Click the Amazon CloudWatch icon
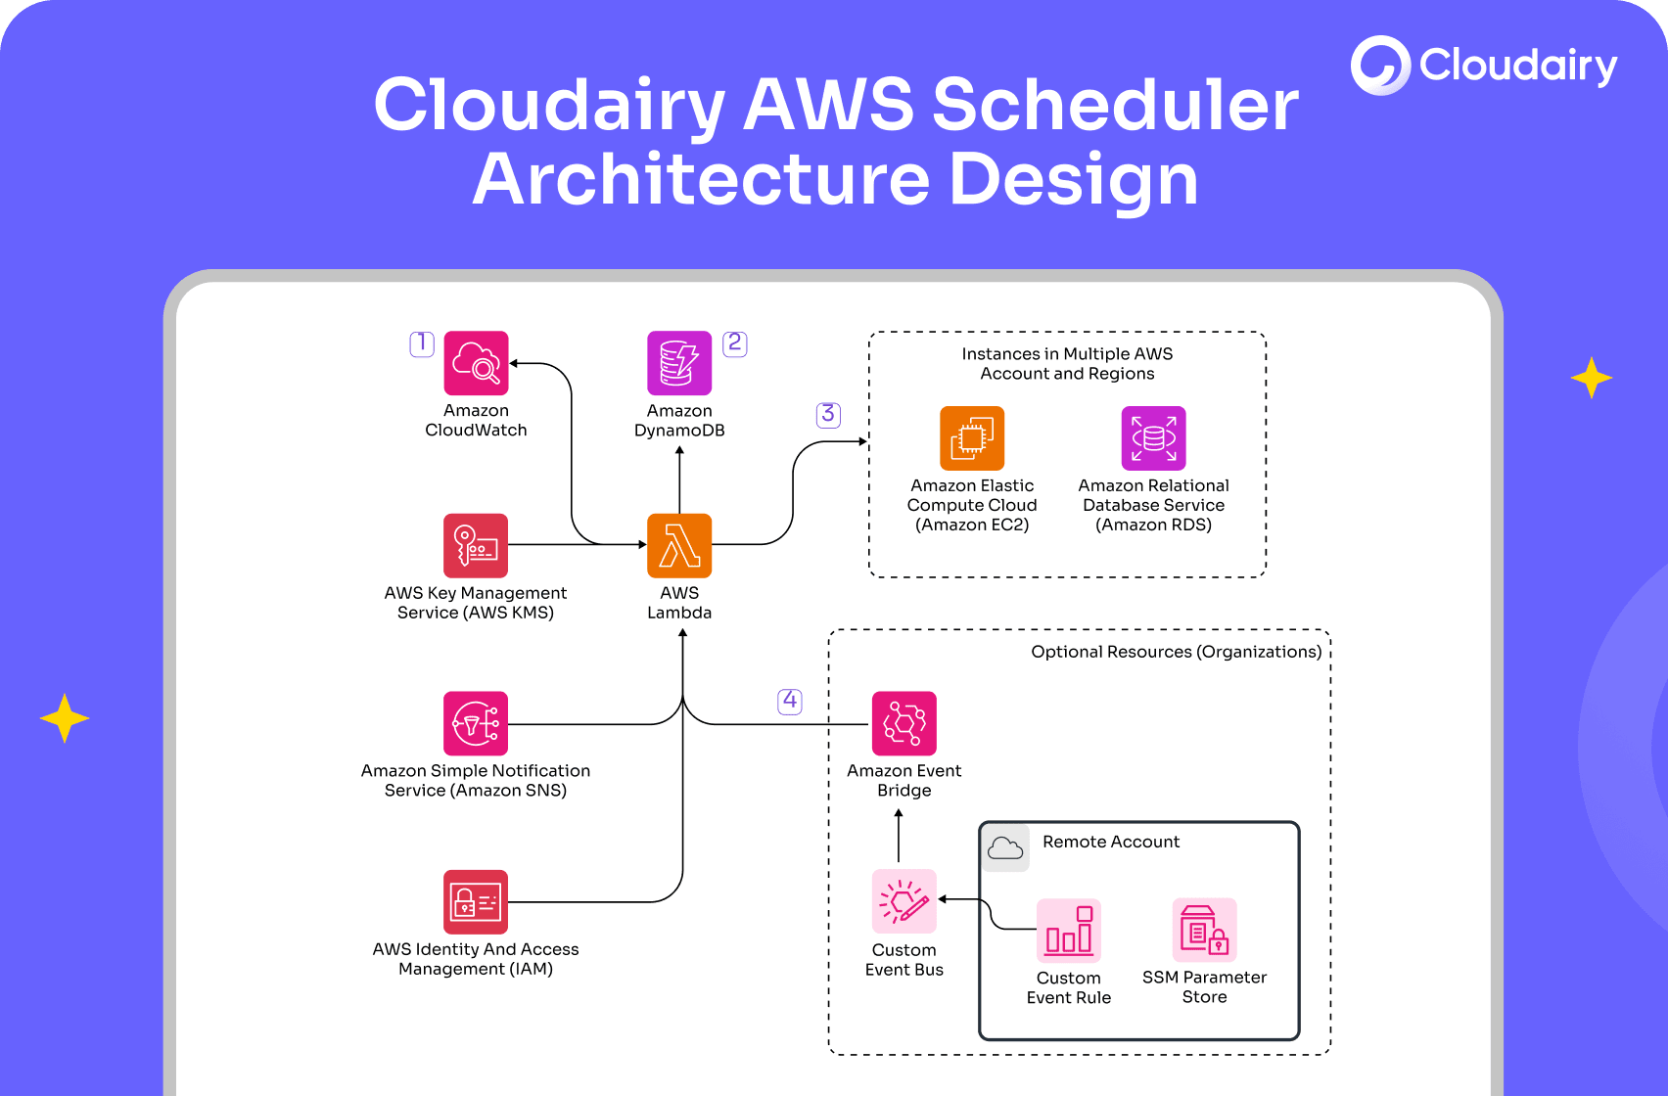coord(476,363)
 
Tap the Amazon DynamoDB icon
coord(679,363)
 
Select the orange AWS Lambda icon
coord(679,545)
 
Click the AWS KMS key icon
coord(476,545)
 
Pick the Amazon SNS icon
coord(476,723)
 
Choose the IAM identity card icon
coord(476,901)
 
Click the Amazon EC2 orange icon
coord(972,438)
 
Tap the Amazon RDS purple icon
coord(1153,438)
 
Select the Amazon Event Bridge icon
coord(904,723)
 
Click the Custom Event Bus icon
coord(904,901)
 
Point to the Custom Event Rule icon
coord(1069,930)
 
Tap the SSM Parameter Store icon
coord(1204,930)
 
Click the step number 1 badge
coord(422,343)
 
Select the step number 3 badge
coord(828,414)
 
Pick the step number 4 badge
coord(790,701)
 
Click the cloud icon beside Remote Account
coord(1005,847)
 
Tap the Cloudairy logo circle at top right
coord(1380,66)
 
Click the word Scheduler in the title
coord(1115,105)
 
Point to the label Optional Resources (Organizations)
coord(1176,652)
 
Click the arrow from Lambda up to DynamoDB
coord(679,479)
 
